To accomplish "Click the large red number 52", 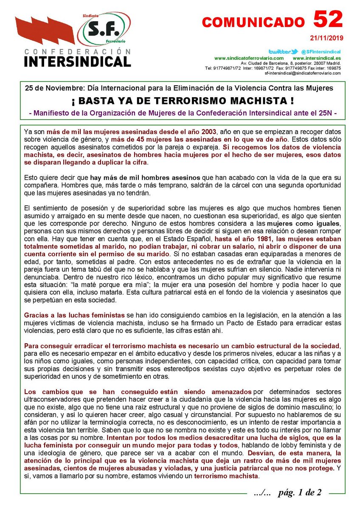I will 328,20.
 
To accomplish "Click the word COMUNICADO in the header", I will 253,22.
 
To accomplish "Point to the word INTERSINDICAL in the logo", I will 77,61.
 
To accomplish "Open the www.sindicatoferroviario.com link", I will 249,58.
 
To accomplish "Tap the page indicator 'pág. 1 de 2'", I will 300,492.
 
